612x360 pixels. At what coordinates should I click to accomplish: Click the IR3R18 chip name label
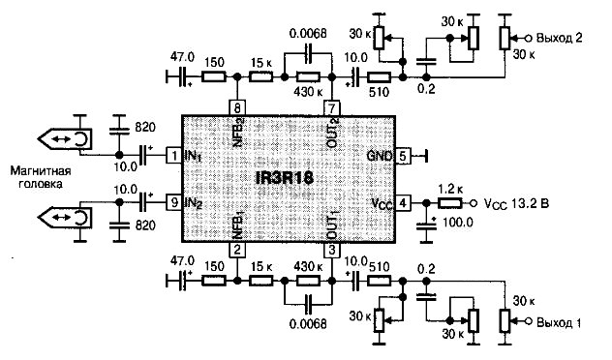click(284, 178)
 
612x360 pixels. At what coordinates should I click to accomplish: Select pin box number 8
click(237, 107)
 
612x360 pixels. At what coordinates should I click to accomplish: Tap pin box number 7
click(332, 107)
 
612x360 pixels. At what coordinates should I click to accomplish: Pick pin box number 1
click(174, 156)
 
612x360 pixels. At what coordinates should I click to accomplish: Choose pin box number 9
click(174, 202)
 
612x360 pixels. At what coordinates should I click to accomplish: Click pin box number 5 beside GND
click(403, 157)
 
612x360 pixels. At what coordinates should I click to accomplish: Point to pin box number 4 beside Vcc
click(403, 203)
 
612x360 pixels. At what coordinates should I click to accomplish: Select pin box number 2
click(237, 250)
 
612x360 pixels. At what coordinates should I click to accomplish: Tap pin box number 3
click(332, 250)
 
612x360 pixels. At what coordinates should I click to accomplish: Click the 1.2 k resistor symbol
click(449, 203)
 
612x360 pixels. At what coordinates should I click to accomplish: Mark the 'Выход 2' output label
click(560, 38)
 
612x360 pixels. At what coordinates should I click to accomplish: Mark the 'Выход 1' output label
click(559, 322)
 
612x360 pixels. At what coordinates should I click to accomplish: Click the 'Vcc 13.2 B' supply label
click(516, 203)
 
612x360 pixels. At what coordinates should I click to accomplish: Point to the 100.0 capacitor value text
click(457, 223)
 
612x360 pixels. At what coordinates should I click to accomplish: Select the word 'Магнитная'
click(41, 171)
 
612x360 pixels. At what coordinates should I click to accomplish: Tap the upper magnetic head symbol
click(65, 138)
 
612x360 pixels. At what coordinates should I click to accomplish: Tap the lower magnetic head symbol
click(65, 218)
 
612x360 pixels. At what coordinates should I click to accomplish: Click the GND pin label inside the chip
click(380, 157)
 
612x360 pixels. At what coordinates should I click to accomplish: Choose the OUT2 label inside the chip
click(332, 133)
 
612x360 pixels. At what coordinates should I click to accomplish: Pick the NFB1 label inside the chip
click(238, 225)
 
